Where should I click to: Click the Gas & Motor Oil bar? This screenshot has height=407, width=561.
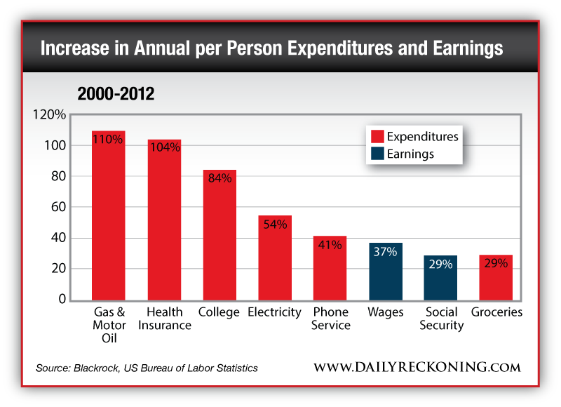coord(109,218)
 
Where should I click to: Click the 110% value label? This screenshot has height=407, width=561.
coord(109,139)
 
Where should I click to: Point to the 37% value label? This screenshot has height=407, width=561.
coord(386,253)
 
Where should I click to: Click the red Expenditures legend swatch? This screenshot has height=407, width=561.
coord(375,136)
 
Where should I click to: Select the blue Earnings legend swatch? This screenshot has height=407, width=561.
coord(375,154)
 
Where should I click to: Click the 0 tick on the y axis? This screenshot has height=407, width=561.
coord(62,300)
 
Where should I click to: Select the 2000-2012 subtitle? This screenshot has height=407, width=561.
coord(116,94)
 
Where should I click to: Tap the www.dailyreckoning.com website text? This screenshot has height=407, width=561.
coord(417,367)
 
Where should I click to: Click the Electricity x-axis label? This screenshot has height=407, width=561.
coord(275,312)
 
